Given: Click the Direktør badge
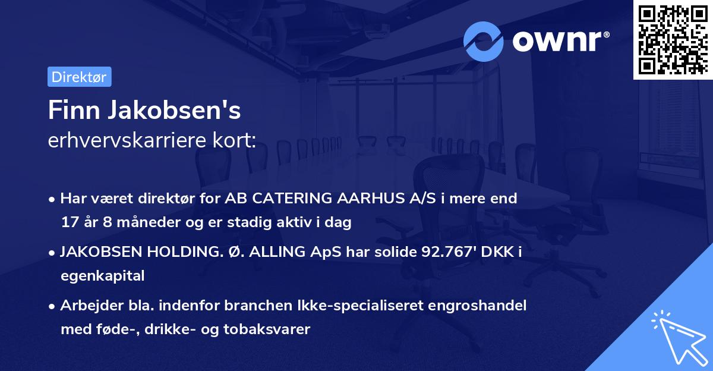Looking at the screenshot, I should (79, 77).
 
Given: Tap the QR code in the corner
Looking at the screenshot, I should (673, 39).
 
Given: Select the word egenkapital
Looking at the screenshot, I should (102, 276).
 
